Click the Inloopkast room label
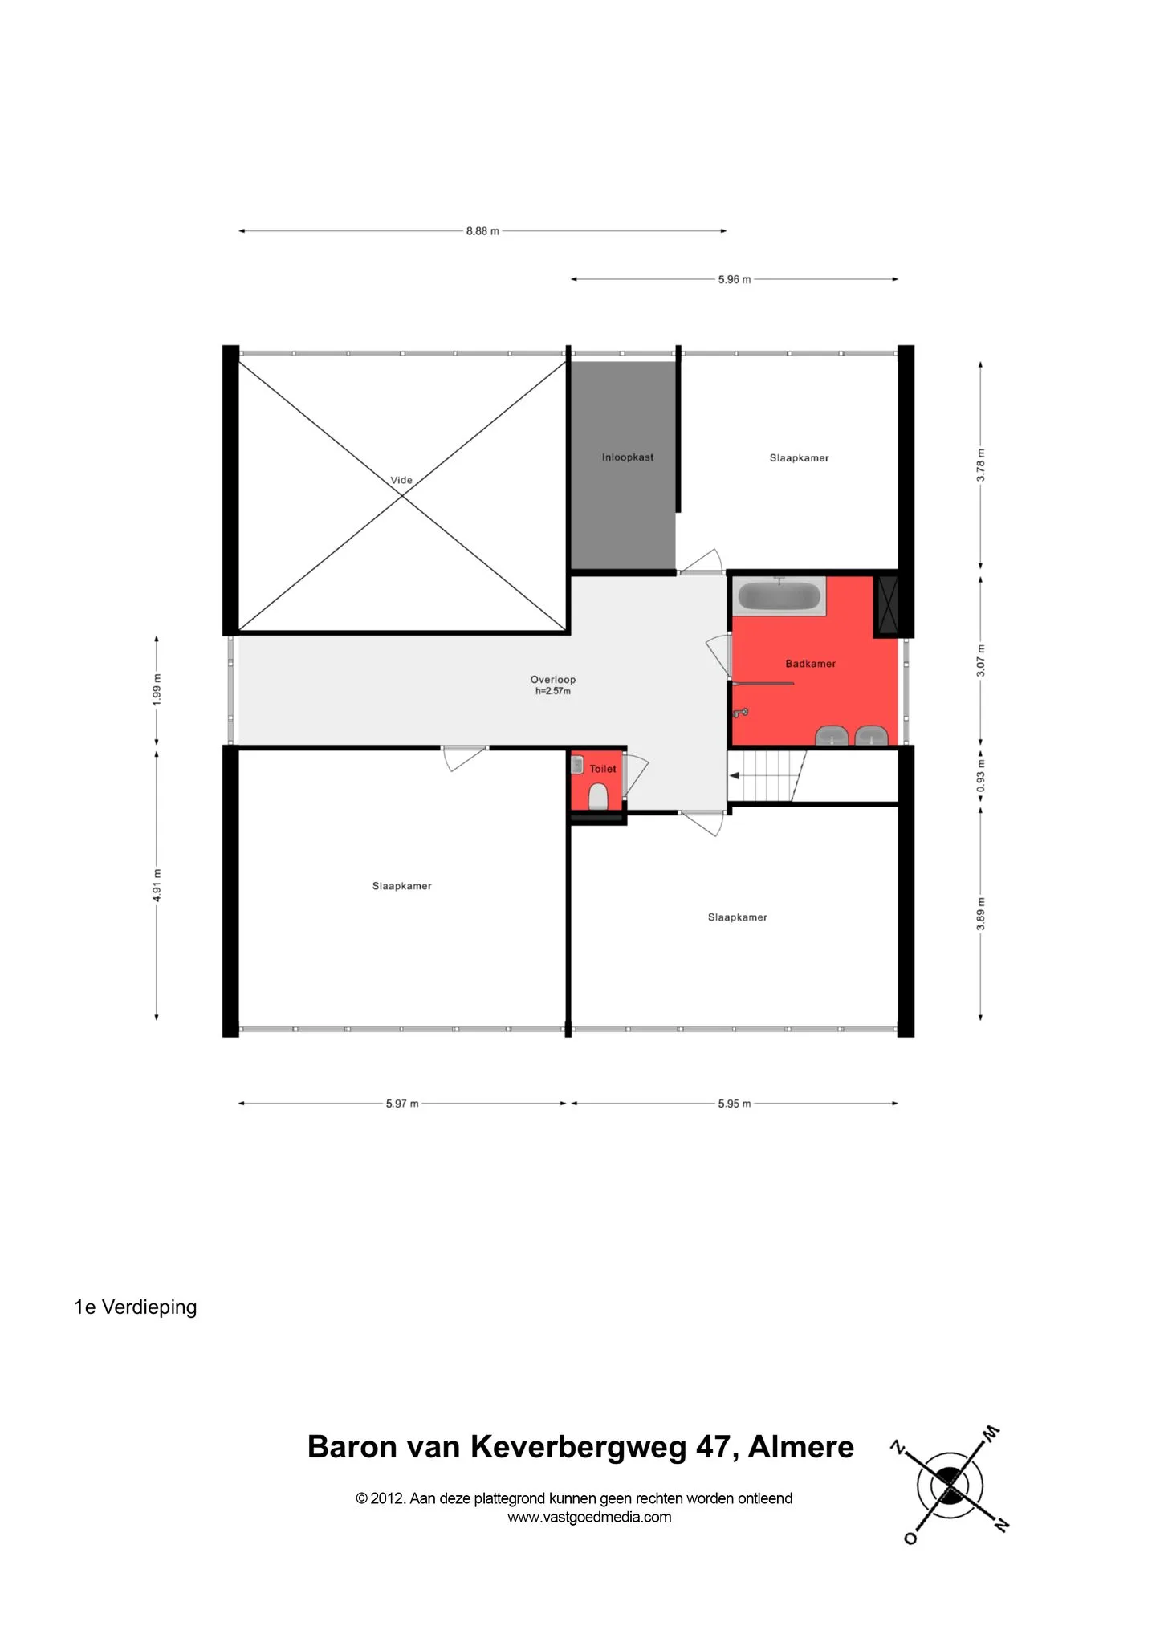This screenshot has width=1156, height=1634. tap(628, 457)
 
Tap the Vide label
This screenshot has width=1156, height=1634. tap(401, 480)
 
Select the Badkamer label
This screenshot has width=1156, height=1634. tap(811, 664)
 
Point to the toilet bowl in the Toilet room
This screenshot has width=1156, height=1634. tap(598, 797)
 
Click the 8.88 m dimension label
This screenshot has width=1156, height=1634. tap(482, 231)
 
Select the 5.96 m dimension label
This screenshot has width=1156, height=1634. tap(735, 280)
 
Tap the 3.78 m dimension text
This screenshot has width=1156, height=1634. tap(981, 465)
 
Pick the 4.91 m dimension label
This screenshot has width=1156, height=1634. tap(157, 885)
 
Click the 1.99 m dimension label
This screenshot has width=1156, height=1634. tap(157, 690)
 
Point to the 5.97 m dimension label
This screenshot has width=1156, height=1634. tap(402, 1104)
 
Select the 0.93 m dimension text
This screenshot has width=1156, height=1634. tap(981, 777)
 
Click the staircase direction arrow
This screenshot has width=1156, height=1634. tap(734, 775)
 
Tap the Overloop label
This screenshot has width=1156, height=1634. tap(553, 680)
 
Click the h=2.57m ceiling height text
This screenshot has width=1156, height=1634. tap(553, 691)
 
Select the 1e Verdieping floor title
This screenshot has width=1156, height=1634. tap(136, 1307)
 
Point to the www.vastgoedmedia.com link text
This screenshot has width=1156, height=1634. tap(589, 1517)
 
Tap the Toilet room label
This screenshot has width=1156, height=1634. tap(603, 769)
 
